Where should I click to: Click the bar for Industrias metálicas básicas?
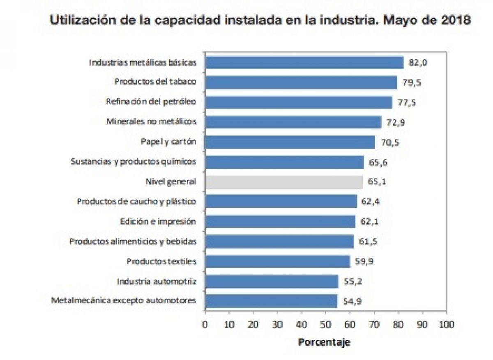tap(304, 62)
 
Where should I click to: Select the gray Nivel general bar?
tap(284, 182)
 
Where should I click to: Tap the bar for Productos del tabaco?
tap(301, 82)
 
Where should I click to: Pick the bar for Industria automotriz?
tap(272, 282)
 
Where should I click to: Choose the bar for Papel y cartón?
tap(290, 142)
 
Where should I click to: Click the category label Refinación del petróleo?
tap(151, 102)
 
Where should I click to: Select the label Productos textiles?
tap(161, 261)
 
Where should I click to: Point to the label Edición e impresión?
tap(158, 222)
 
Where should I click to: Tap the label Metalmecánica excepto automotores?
tap(123, 301)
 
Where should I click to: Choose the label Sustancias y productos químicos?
tap(133, 162)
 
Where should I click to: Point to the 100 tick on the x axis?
tap(446, 325)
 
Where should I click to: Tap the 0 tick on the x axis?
tap(205, 325)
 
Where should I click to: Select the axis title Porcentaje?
tap(324, 342)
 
